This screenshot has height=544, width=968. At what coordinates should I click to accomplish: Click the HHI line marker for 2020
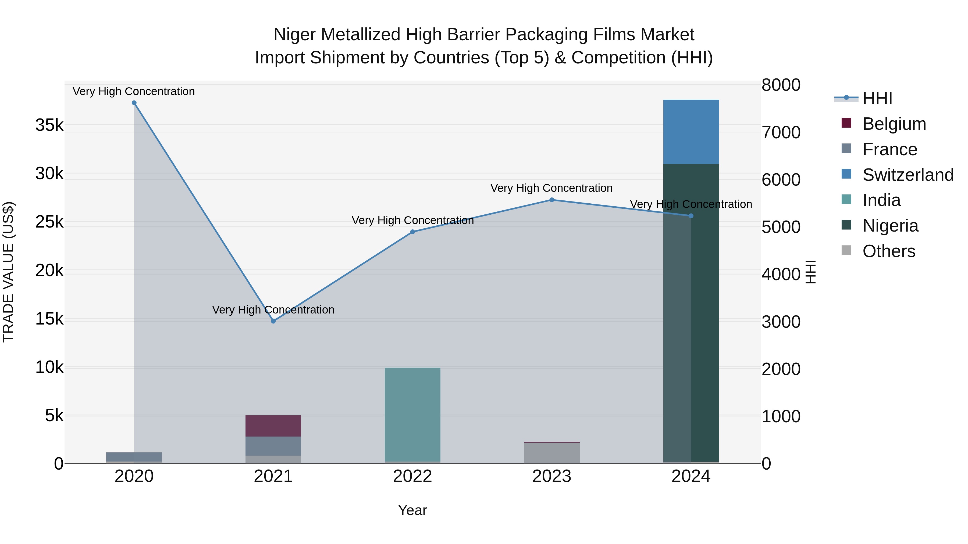pyautogui.click(x=134, y=103)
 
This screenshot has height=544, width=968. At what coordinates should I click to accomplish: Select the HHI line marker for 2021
pyautogui.click(x=273, y=321)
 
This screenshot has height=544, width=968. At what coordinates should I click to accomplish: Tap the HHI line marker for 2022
pyautogui.click(x=412, y=232)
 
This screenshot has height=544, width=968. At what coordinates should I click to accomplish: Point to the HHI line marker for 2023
pyautogui.click(x=552, y=200)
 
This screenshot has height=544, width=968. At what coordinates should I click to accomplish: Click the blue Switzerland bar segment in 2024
pyautogui.click(x=691, y=132)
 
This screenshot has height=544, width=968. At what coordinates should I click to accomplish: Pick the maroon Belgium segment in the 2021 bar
pyautogui.click(x=273, y=426)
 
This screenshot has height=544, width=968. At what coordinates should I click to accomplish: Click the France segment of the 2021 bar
pyautogui.click(x=273, y=446)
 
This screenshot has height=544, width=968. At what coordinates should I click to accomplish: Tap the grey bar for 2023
pyautogui.click(x=552, y=453)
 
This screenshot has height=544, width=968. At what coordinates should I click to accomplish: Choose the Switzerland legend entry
pyautogui.click(x=907, y=175)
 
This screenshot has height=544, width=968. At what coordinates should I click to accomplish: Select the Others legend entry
pyautogui.click(x=888, y=251)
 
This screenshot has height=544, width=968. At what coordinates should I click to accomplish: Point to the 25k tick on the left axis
pyautogui.click(x=49, y=222)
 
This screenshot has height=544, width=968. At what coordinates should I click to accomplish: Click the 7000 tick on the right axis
pyautogui.click(x=781, y=132)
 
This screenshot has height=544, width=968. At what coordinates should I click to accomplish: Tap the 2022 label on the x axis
pyautogui.click(x=412, y=476)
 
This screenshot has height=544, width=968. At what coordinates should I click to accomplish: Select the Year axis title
pyautogui.click(x=412, y=510)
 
